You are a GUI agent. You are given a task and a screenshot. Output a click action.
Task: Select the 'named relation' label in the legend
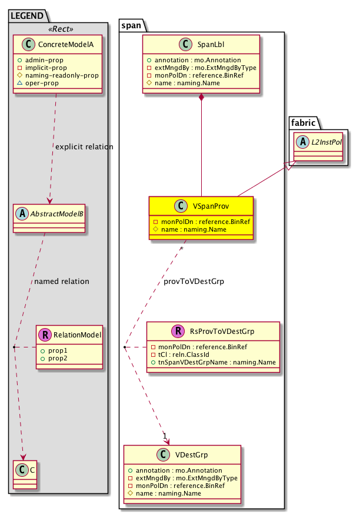(x=62, y=281)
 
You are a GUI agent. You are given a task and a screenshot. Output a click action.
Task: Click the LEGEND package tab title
(x=25, y=14)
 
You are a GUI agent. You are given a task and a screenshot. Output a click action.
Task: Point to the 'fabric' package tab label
(x=303, y=122)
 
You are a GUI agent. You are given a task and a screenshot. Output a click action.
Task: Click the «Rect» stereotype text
(x=58, y=27)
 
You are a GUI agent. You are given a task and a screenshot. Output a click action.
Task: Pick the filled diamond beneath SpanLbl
(x=202, y=98)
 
